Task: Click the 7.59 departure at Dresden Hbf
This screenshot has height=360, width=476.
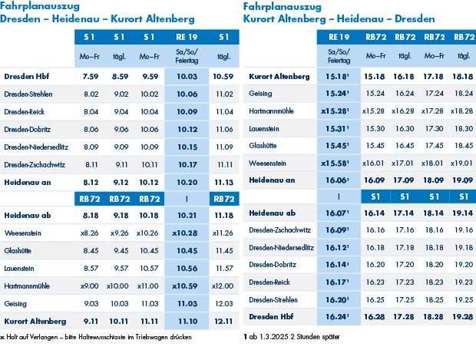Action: pyautogui.click(x=91, y=76)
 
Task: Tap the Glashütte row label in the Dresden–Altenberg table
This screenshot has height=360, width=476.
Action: pyautogui.click(x=18, y=250)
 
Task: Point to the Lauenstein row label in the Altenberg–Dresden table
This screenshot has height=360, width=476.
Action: pyautogui.click(x=266, y=128)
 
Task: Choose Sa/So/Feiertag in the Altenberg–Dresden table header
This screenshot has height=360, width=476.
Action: pyautogui.click(x=339, y=56)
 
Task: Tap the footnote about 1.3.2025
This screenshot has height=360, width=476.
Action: pyautogui.click(x=290, y=336)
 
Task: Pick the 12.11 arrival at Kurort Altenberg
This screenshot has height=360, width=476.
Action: pyautogui.click(x=224, y=320)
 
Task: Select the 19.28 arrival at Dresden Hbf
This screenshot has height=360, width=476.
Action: pyautogui.click(x=464, y=315)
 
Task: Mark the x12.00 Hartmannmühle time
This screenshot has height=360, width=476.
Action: pyautogui.click(x=223, y=286)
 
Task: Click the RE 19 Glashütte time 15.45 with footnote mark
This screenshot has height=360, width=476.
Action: pyautogui.click(x=339, y=145)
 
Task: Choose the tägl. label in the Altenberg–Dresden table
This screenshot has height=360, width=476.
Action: pyautogui.click(x=464, y=56)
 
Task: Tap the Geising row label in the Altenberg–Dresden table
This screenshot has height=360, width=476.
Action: pyautogui.click(x=260, y=93)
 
